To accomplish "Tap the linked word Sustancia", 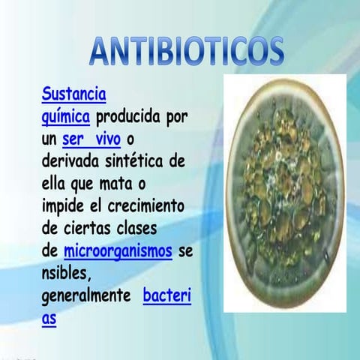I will point(73,95).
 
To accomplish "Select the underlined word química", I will point(66,118).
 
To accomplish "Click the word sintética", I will point(141,161).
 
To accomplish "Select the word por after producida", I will point(175,118).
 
